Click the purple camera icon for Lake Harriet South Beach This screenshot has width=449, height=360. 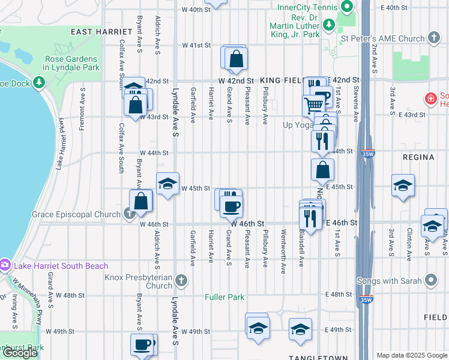(5, 265)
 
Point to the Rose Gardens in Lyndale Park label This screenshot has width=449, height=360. (71, 64)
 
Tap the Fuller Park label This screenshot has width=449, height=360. (224, 296)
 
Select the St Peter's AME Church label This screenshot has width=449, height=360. (382, 38)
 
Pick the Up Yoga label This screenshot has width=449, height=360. (297, 125)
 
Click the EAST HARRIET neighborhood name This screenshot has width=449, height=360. (101, 31)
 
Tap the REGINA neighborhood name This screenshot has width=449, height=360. (419, 157)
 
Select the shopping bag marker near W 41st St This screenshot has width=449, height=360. (237, 59)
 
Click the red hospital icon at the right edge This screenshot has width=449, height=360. (430, 98)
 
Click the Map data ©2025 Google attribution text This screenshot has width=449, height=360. (411, 355)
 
